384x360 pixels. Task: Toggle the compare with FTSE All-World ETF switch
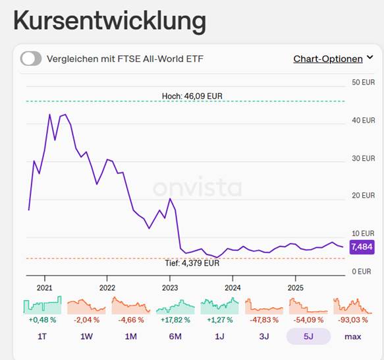tap(31, 59)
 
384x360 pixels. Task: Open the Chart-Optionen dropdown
tap(333, 59)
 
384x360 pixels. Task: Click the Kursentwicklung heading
tap(109, 20)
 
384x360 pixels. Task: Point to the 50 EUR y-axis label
tap(363, 82)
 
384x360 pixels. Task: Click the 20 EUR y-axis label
tap(363, 195)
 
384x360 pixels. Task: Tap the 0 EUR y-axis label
tap(362, 272)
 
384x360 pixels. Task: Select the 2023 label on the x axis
tap(170, 287)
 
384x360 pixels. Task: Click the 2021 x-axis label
tap(45, 287)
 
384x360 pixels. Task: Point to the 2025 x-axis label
tap(296, 287)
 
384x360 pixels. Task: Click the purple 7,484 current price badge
tap(362, 247)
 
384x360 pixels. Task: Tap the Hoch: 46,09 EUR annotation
tap(192, 96)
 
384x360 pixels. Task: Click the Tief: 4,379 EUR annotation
tap(192, 263)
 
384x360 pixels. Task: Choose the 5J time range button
tap(308, 336)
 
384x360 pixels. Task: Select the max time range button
tap(353, 336)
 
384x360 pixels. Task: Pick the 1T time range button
tap(42, 336)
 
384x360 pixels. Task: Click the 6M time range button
tap(175, 336)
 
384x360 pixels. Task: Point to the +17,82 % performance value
tap(175, 320)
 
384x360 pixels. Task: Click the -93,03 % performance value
tap(353, 320)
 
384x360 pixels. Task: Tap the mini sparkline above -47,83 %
tap(264, 306)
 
